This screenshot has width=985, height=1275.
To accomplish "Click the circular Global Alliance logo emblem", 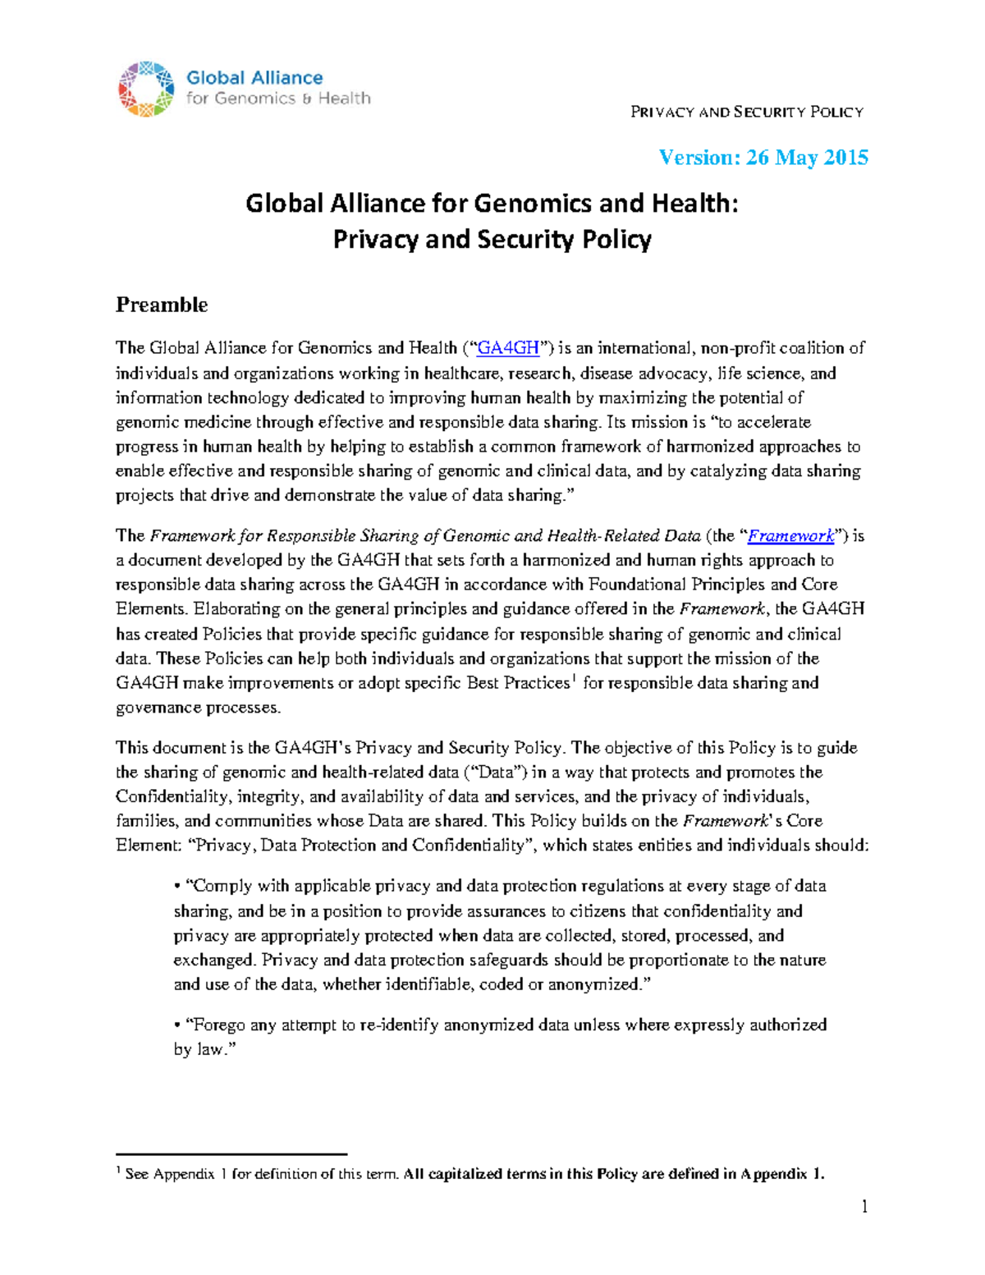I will coord(146,89).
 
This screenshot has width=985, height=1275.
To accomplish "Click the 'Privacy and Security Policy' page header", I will coord(746,112).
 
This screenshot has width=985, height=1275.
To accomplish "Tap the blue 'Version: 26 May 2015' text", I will coord(763,157).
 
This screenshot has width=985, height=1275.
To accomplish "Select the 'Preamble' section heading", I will coord(162,305).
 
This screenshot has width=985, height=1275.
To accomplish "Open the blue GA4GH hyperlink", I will coord(508,348).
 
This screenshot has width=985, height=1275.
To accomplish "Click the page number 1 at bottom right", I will coord(864,1206).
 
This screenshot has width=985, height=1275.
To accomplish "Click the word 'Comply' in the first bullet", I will coord(219,886).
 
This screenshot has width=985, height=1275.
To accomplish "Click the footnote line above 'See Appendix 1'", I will coord(231,1154).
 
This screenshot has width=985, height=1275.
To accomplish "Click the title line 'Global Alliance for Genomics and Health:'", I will coord(492,203).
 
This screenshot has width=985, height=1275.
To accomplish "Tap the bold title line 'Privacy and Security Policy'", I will coord(492,240).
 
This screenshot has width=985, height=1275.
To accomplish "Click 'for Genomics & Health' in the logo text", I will coord(278,99).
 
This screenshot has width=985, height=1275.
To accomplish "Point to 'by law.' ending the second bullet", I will coord(204,1049).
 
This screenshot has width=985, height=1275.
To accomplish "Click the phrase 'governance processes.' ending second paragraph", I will coord(198,708).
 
